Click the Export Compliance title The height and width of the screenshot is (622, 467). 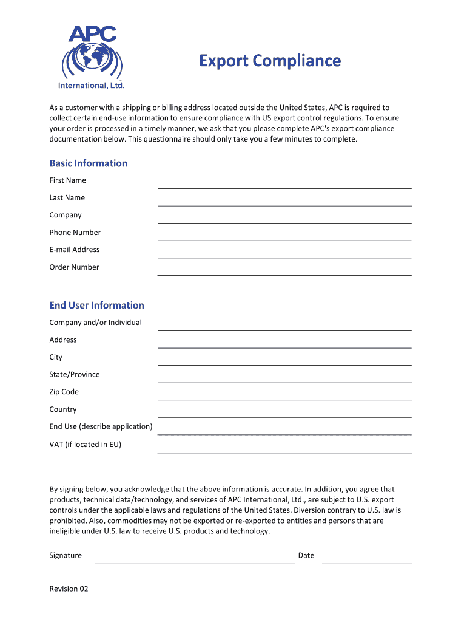tap(270, 61)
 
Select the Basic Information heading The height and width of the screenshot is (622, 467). tap(89, 163)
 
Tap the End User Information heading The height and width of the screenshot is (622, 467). tap(97, 305)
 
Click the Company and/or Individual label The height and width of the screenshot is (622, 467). tap(96, 323)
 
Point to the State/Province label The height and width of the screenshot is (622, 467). tap(75, 375)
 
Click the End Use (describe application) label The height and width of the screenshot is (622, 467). tap(101, 426)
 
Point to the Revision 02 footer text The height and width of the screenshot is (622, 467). tap(69, 589)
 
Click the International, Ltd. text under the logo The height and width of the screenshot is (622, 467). tap(92, 86)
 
